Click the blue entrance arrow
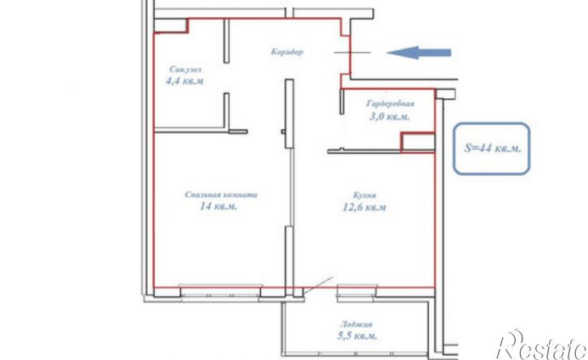(x=418, y=53)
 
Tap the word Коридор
(x=287, y=52)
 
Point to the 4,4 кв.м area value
(x=184, y=81)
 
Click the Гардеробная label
(x=390, y=104)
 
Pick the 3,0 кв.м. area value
(x=389, y=117)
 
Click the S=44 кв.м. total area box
(x=491, y=148)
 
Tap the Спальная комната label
(x=221, y=195)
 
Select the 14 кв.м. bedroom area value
(x=219, y=206)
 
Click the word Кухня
(x=364, y=195)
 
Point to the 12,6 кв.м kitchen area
(x=364, y=207)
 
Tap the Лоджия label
(x=357, y=324)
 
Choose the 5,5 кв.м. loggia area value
(x=358, y=336)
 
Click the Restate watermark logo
(x=542, y=345)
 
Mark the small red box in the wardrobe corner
(x=418, y=143)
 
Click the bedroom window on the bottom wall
(x=220, y=291)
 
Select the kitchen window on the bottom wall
(x=357, y=291)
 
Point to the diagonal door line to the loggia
(x=319, y=285)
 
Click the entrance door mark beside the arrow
(x=352, y=53)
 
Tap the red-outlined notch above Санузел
(x=171, y=26)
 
